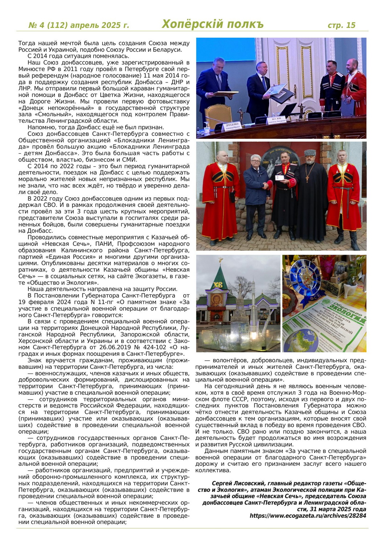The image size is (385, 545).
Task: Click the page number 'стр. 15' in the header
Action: tap(341, 25)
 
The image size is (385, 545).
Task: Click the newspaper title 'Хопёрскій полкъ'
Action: tap(212, 24)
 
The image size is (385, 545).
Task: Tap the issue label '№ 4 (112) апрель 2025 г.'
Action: tap(79, 25)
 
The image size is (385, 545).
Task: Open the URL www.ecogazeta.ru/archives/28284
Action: tap(308, 516)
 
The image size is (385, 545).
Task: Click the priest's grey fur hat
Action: tap(310, 153)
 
